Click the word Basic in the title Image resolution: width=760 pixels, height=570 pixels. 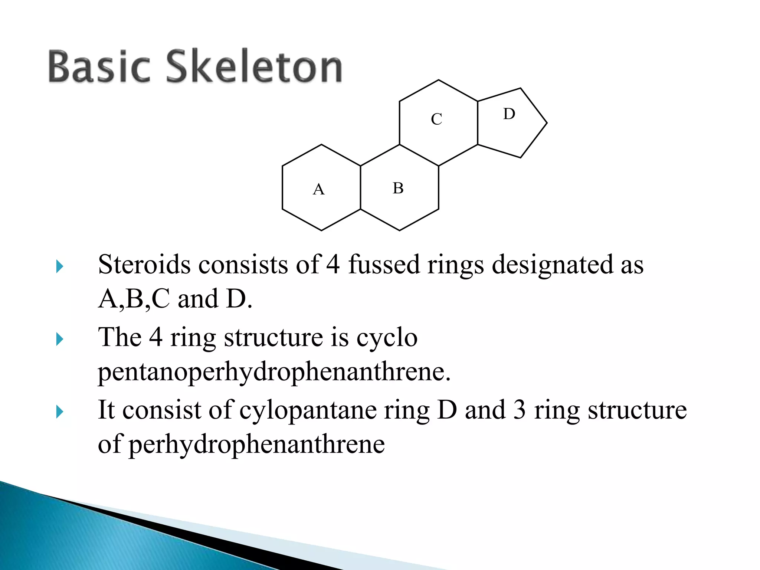click(x=99, y=66)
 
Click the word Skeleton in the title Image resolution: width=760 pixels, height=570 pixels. click(x=254, y=66)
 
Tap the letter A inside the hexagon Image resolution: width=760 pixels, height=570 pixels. click(x=319, y=190)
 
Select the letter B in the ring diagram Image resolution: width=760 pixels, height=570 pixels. click(x=398, y=188)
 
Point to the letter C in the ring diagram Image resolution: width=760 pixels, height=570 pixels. click(x=436, y=119)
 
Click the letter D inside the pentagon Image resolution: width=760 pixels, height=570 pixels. click(x=509, y=114)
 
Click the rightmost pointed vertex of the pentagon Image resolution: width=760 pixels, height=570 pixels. click(x=547, y=123)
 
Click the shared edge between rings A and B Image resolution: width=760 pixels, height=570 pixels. click(x=360, y=187)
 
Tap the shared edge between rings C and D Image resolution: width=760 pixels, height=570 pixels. click(x=478, y=123)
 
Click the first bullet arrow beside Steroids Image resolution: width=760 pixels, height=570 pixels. click(x=60, y=266)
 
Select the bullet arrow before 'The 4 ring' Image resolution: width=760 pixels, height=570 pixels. click(x=60, y=339)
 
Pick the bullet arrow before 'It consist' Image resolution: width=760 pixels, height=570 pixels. click(x=60, y=412)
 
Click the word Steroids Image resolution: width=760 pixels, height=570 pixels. click(x=144, y=265)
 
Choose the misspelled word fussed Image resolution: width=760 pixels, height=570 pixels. click(x=384, y=265)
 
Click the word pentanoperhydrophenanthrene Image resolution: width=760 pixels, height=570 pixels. click(x=274, y=372)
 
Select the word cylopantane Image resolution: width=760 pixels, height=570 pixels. click(x=308, y=410)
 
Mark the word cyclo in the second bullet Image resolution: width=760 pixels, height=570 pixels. click(x=387, y=338)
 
